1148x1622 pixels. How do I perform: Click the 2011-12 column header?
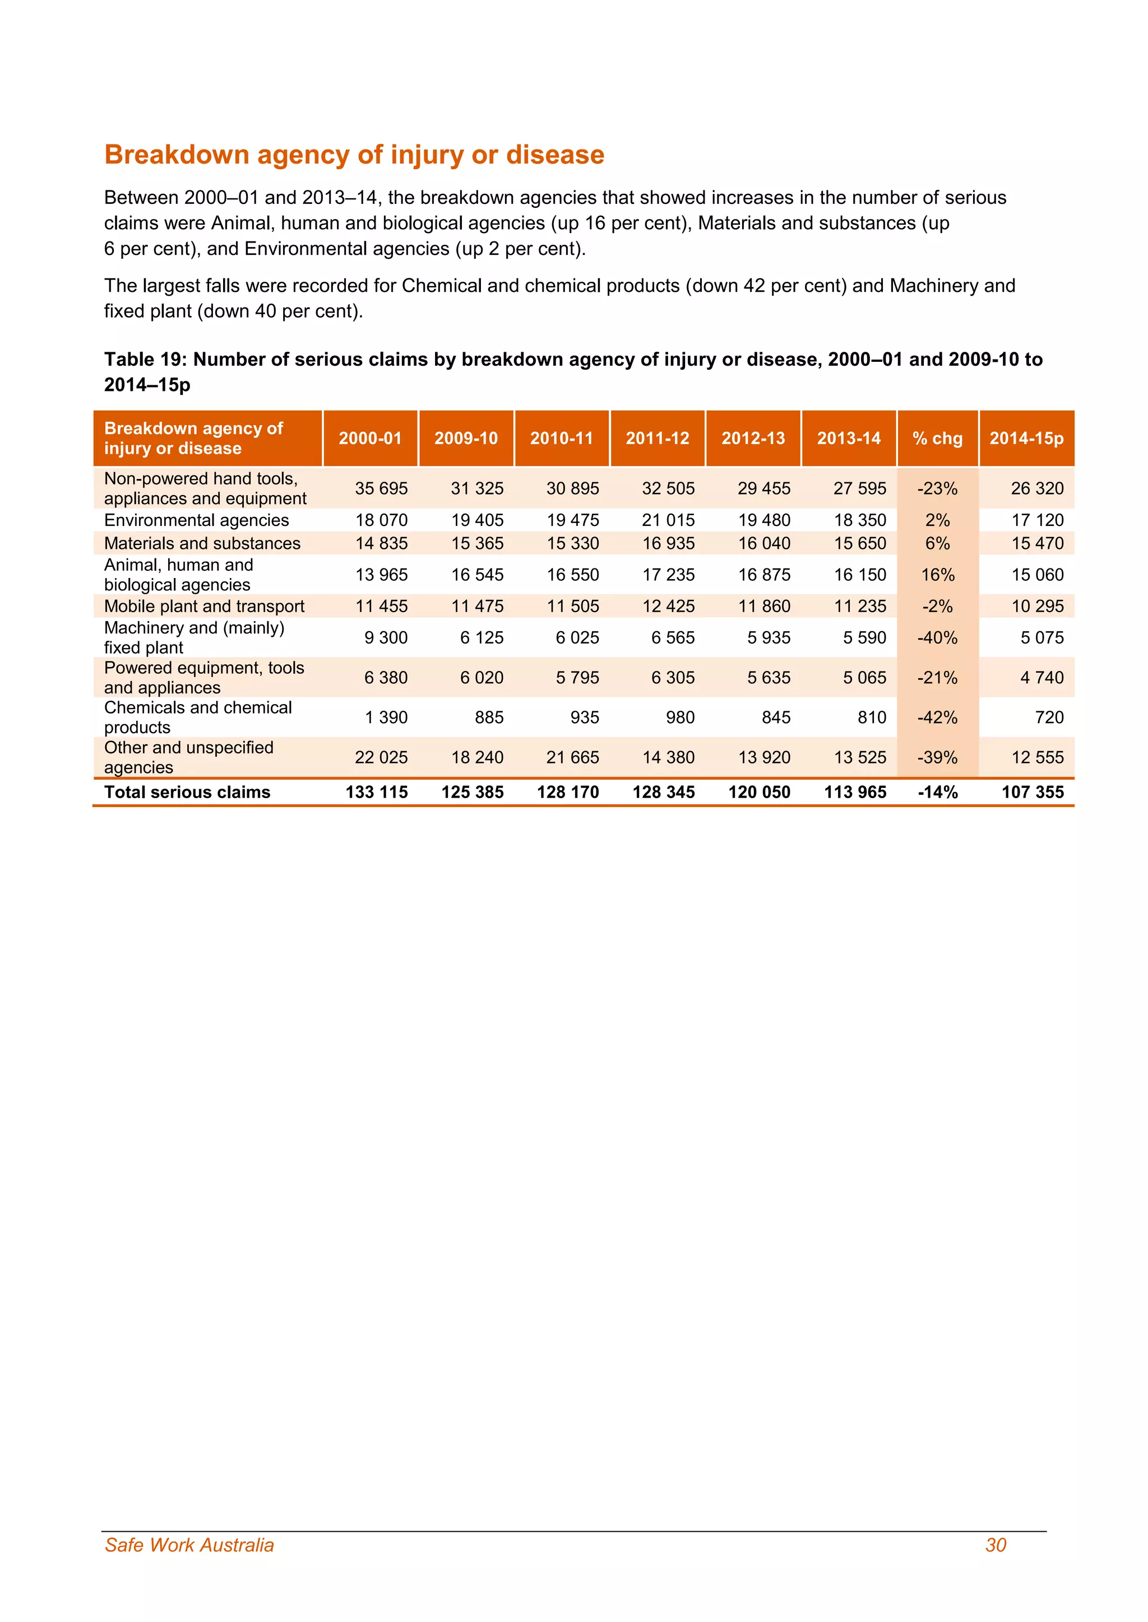click(x=657, y=438)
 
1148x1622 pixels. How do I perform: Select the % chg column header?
click(x=937, y=438)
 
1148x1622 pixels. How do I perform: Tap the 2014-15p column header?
click(x=1026, y=438)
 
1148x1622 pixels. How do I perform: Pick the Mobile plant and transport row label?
click(x=204, y=606)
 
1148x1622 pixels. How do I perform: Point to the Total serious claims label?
click(x=187, y=792)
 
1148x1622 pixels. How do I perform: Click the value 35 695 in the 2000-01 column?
click(x=381, y=488)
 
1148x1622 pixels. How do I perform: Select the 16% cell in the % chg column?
click(x=937, y=575)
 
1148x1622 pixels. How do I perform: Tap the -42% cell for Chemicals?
click(x=937, y=718)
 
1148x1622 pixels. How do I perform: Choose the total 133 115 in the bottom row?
click(x=376, y=792)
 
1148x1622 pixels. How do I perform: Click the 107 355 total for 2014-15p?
click(x=1032, y=792)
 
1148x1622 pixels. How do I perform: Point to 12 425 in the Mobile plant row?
click(x=668, y=606)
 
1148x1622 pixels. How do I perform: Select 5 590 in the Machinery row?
click(x=864, y=638)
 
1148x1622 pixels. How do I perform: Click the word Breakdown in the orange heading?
click(x=177, y=155)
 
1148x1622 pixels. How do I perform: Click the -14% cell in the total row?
click(x=937, y=792)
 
